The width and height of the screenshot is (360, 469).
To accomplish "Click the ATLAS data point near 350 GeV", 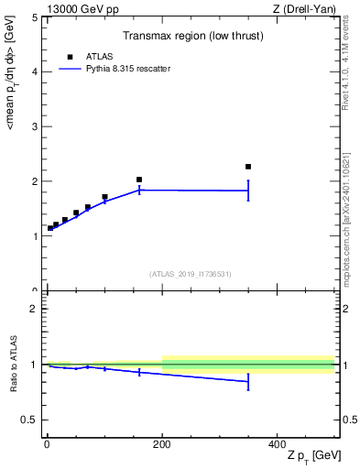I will (x=248, y=167).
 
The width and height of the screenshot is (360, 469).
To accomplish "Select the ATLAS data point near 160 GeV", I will (x=139, y=180).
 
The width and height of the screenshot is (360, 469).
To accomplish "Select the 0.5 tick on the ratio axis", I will (x=29, y=420).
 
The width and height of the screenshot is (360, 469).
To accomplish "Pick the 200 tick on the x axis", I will (x=162, y=443).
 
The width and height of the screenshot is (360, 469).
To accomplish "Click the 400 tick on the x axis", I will (x=278, y=443).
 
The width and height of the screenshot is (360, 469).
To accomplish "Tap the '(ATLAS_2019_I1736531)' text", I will (x=191, y=274).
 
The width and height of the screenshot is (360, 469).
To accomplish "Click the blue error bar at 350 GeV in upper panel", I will (x=248, y=191).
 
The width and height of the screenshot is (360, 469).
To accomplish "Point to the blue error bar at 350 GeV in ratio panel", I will (x=248, y=382).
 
